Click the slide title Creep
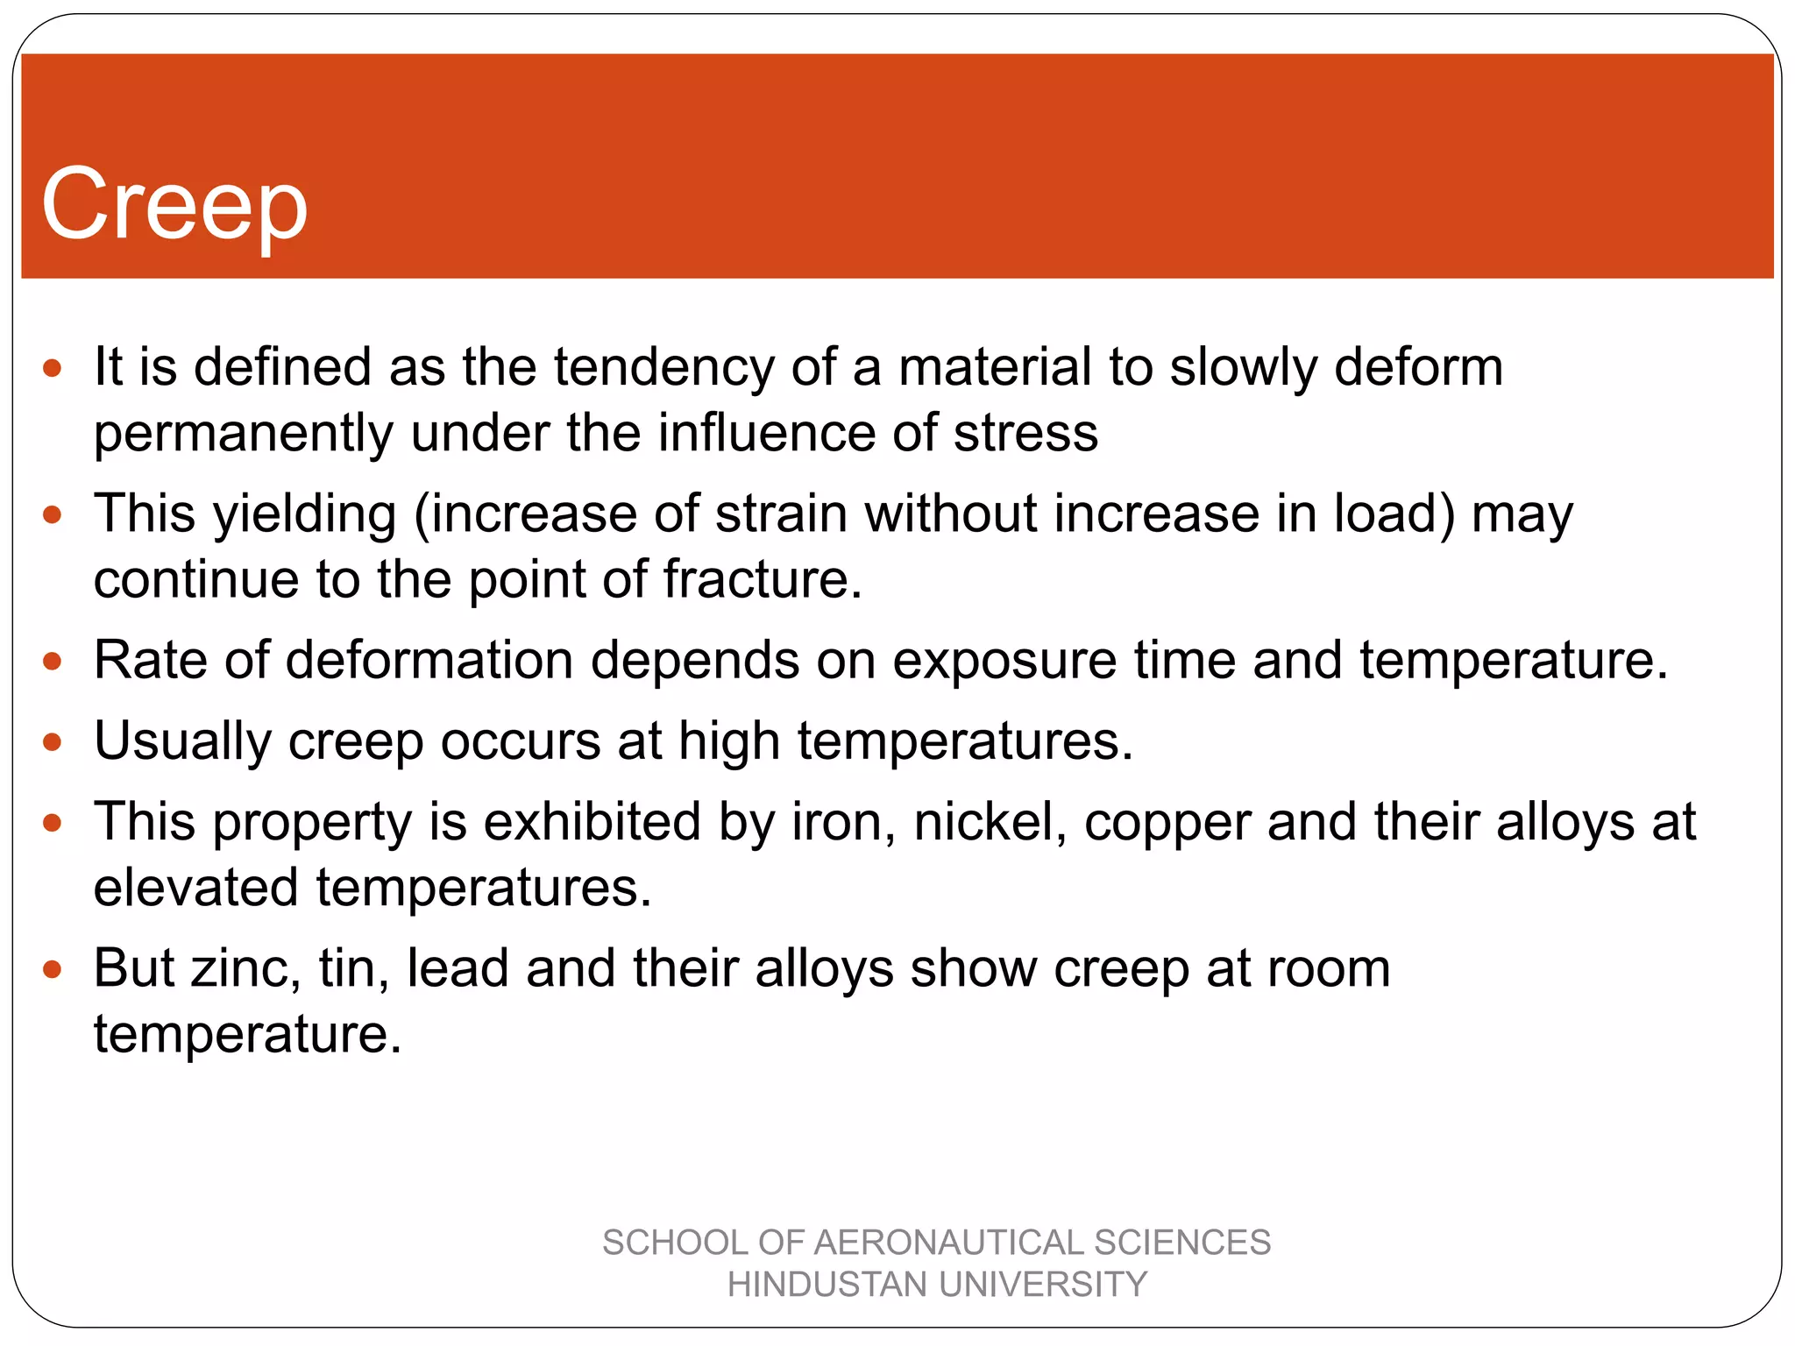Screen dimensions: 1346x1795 [x=174, y=205]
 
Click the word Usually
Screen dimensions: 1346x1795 [x=182, y=741]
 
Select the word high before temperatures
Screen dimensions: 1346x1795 [x=728, y=741]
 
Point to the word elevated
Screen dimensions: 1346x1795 [x=195, y=888]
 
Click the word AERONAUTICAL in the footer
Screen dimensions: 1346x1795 [x=948, y=1243]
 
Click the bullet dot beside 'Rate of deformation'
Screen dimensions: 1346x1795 [x=53, y=661]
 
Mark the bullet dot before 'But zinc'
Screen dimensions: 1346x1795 [x=53, y=969]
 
